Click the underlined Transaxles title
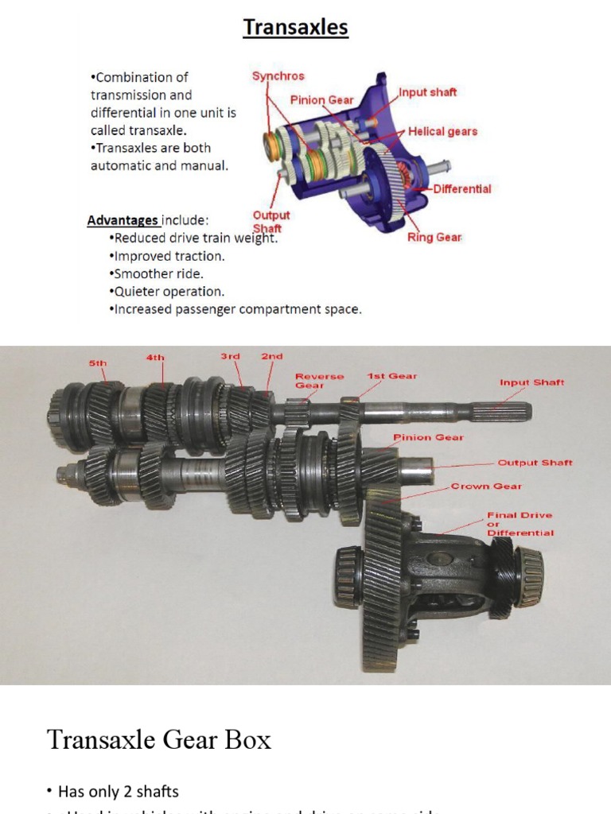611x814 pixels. tap(296, 28)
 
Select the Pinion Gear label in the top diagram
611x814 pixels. tap(321, 100)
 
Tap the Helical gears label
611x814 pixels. tap(442, 131)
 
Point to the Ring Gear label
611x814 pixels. tap(434, 237)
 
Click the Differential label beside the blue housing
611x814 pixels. tap(462, 189)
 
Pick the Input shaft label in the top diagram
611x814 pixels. tap(428, 92)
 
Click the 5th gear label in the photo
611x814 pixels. tap(97, 363)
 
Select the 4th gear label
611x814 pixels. tap(155, 358)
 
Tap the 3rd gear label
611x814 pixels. tap(230, 357)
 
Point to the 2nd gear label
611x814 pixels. tap(272, 357)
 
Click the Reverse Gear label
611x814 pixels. tap(320, 381)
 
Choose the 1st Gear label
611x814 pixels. tap(392, 375)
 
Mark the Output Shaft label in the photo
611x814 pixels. tap(535, 463)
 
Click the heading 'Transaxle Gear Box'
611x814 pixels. tap(159, 740)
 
